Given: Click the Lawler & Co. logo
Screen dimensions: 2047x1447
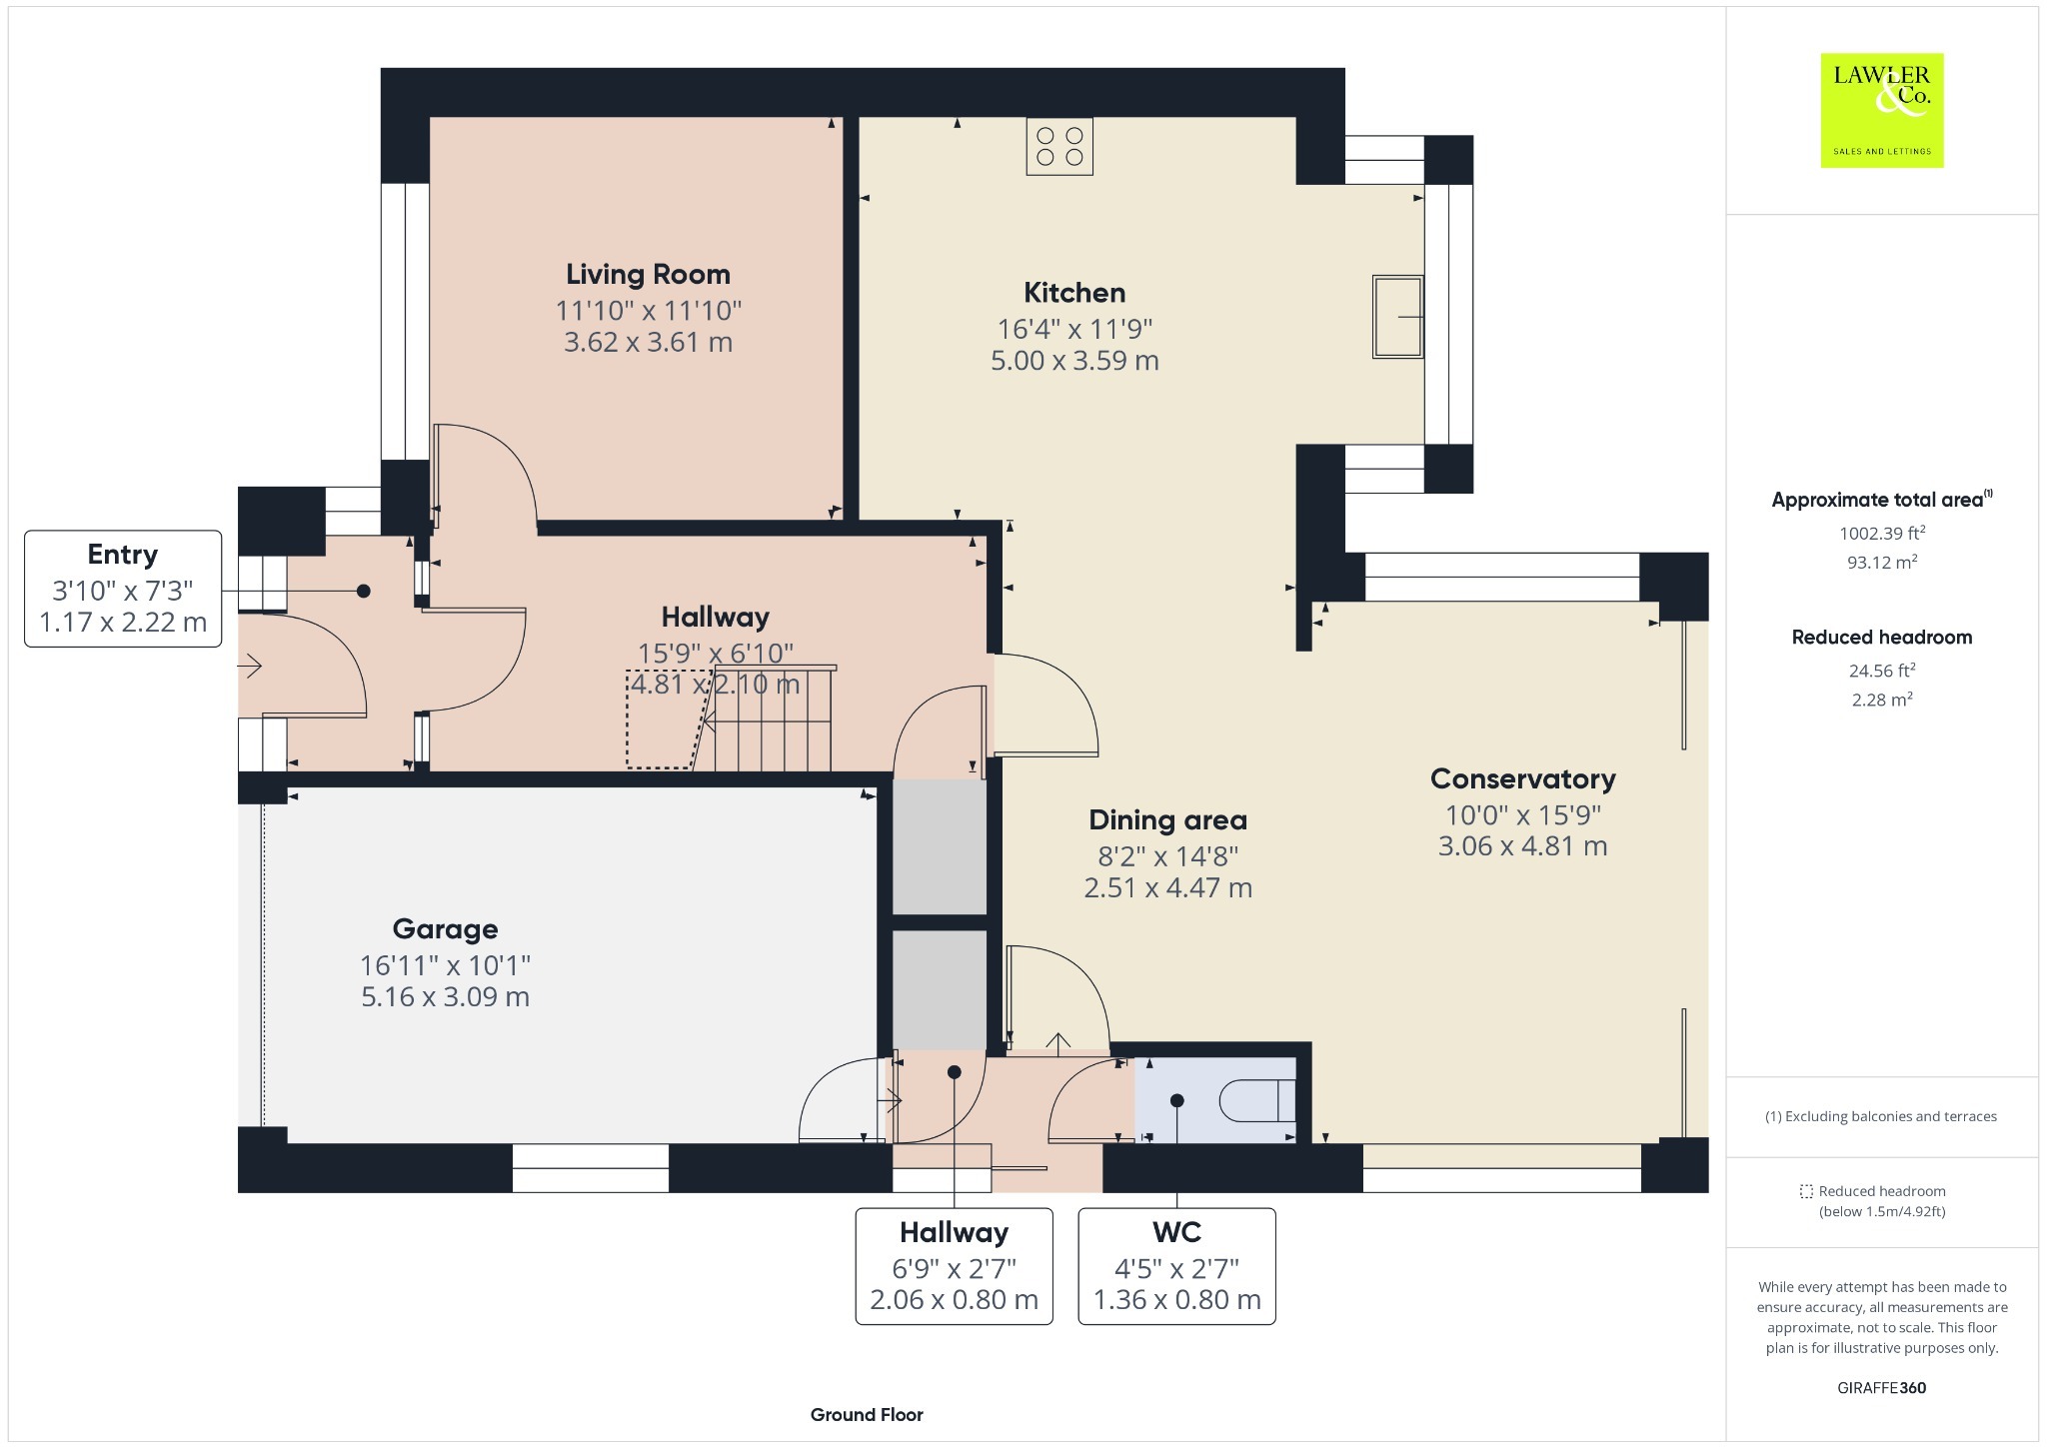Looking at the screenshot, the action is [x=1881, y=110].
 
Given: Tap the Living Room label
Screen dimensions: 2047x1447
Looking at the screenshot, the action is [x=648, y=274].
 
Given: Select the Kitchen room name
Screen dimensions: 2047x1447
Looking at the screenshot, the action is [x=1074, y=293].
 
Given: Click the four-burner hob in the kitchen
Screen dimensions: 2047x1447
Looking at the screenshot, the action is [x=1059, y=146].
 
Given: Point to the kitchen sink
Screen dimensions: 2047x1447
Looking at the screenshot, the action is [x=1397, y=316].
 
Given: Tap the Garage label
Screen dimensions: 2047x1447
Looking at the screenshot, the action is [x=445, y=929].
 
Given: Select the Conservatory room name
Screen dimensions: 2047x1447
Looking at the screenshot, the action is [x=1522, y=779].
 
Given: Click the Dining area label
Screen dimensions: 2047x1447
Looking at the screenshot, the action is [x=1167, y=820].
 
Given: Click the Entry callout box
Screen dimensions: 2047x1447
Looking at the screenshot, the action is [x=123, y=589].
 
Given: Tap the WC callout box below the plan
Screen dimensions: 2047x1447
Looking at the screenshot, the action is [x=1176, y=1266].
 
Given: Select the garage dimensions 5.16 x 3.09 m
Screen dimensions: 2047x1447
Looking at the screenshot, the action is [x=445, y=997].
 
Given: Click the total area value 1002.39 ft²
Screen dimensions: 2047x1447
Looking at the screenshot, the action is [x=1882, y=533].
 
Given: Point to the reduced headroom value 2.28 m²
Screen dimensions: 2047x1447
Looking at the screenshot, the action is [x=1882, y=700].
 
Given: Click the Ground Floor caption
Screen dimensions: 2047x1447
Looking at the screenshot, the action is [x=867, y=1415].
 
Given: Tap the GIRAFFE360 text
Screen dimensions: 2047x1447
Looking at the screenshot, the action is [x=1882, y=1388].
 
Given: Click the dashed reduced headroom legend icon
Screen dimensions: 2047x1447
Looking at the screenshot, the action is [x=1806, y=1191].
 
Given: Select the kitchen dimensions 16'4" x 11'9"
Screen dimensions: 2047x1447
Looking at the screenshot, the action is [x=1074, y=329].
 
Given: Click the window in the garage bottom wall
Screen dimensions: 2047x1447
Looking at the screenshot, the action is [x=591, y=1168].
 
